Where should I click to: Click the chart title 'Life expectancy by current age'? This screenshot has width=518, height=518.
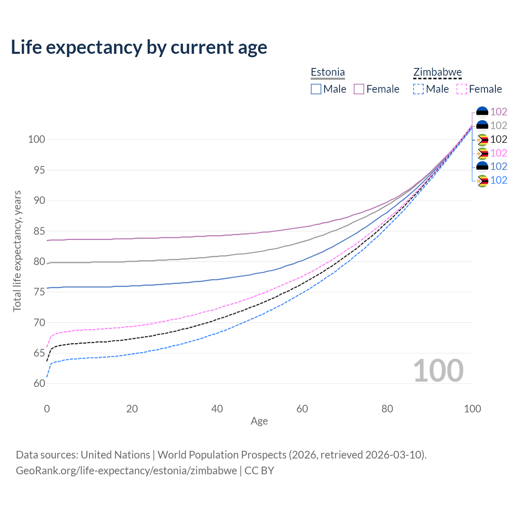pos(139,47)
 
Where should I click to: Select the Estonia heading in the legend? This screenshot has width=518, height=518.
pos(328,72)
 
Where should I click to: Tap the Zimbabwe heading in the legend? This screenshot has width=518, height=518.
pos(437,72)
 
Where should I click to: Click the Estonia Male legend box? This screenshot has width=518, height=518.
pos(316,89)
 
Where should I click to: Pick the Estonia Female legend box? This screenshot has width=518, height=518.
pos(359,89)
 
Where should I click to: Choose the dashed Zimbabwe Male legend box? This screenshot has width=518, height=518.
pos(418,89)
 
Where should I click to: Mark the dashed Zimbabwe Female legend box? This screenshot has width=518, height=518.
pos(462,89)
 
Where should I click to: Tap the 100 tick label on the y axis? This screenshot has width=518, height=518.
pos(36,140)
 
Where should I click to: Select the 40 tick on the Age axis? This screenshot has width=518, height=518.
pos(217,409)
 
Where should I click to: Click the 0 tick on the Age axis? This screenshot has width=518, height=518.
pos(47,409)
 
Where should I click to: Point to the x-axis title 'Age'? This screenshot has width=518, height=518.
pos(259,421)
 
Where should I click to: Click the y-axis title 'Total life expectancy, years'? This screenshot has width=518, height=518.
pos(17,251)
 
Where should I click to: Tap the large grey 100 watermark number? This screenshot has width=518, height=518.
pos(438,371)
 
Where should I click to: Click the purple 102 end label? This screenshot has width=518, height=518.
pos(499,112)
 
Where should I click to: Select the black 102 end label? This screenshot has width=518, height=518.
pos(499,139)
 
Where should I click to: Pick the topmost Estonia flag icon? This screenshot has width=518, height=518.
pos(482,112)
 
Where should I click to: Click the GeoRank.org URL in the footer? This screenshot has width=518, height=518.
pos(126,471)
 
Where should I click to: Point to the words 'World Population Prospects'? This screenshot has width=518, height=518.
pos(222,455)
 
